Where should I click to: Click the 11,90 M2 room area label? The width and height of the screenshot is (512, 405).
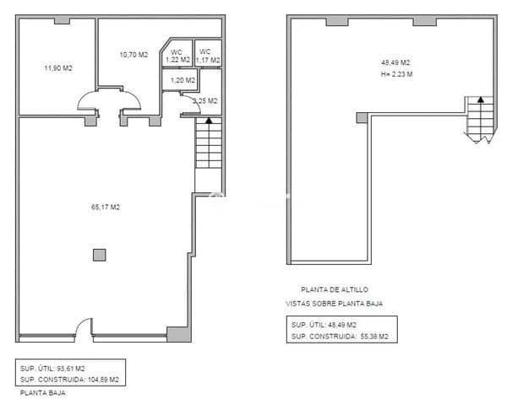[58, 68]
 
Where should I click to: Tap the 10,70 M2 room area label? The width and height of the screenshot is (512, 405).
[133, 55]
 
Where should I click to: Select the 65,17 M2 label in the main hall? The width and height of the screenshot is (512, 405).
[105, 207]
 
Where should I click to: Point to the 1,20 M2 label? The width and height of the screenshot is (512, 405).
[182, 80]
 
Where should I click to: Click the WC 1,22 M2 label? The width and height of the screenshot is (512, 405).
[177, 57]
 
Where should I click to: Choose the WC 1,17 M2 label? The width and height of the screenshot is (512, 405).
[208, 57]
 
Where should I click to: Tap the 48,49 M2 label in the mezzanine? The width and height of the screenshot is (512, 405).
[395, 62]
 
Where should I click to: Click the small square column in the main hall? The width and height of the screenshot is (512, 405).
[100, 254]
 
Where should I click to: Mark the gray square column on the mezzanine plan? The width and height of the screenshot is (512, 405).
[362, 118]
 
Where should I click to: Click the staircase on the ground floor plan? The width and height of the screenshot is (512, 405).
[208, 143]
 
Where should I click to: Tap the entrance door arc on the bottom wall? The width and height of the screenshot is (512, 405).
[82, 327]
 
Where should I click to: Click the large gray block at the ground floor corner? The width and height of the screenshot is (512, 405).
[179, 333]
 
